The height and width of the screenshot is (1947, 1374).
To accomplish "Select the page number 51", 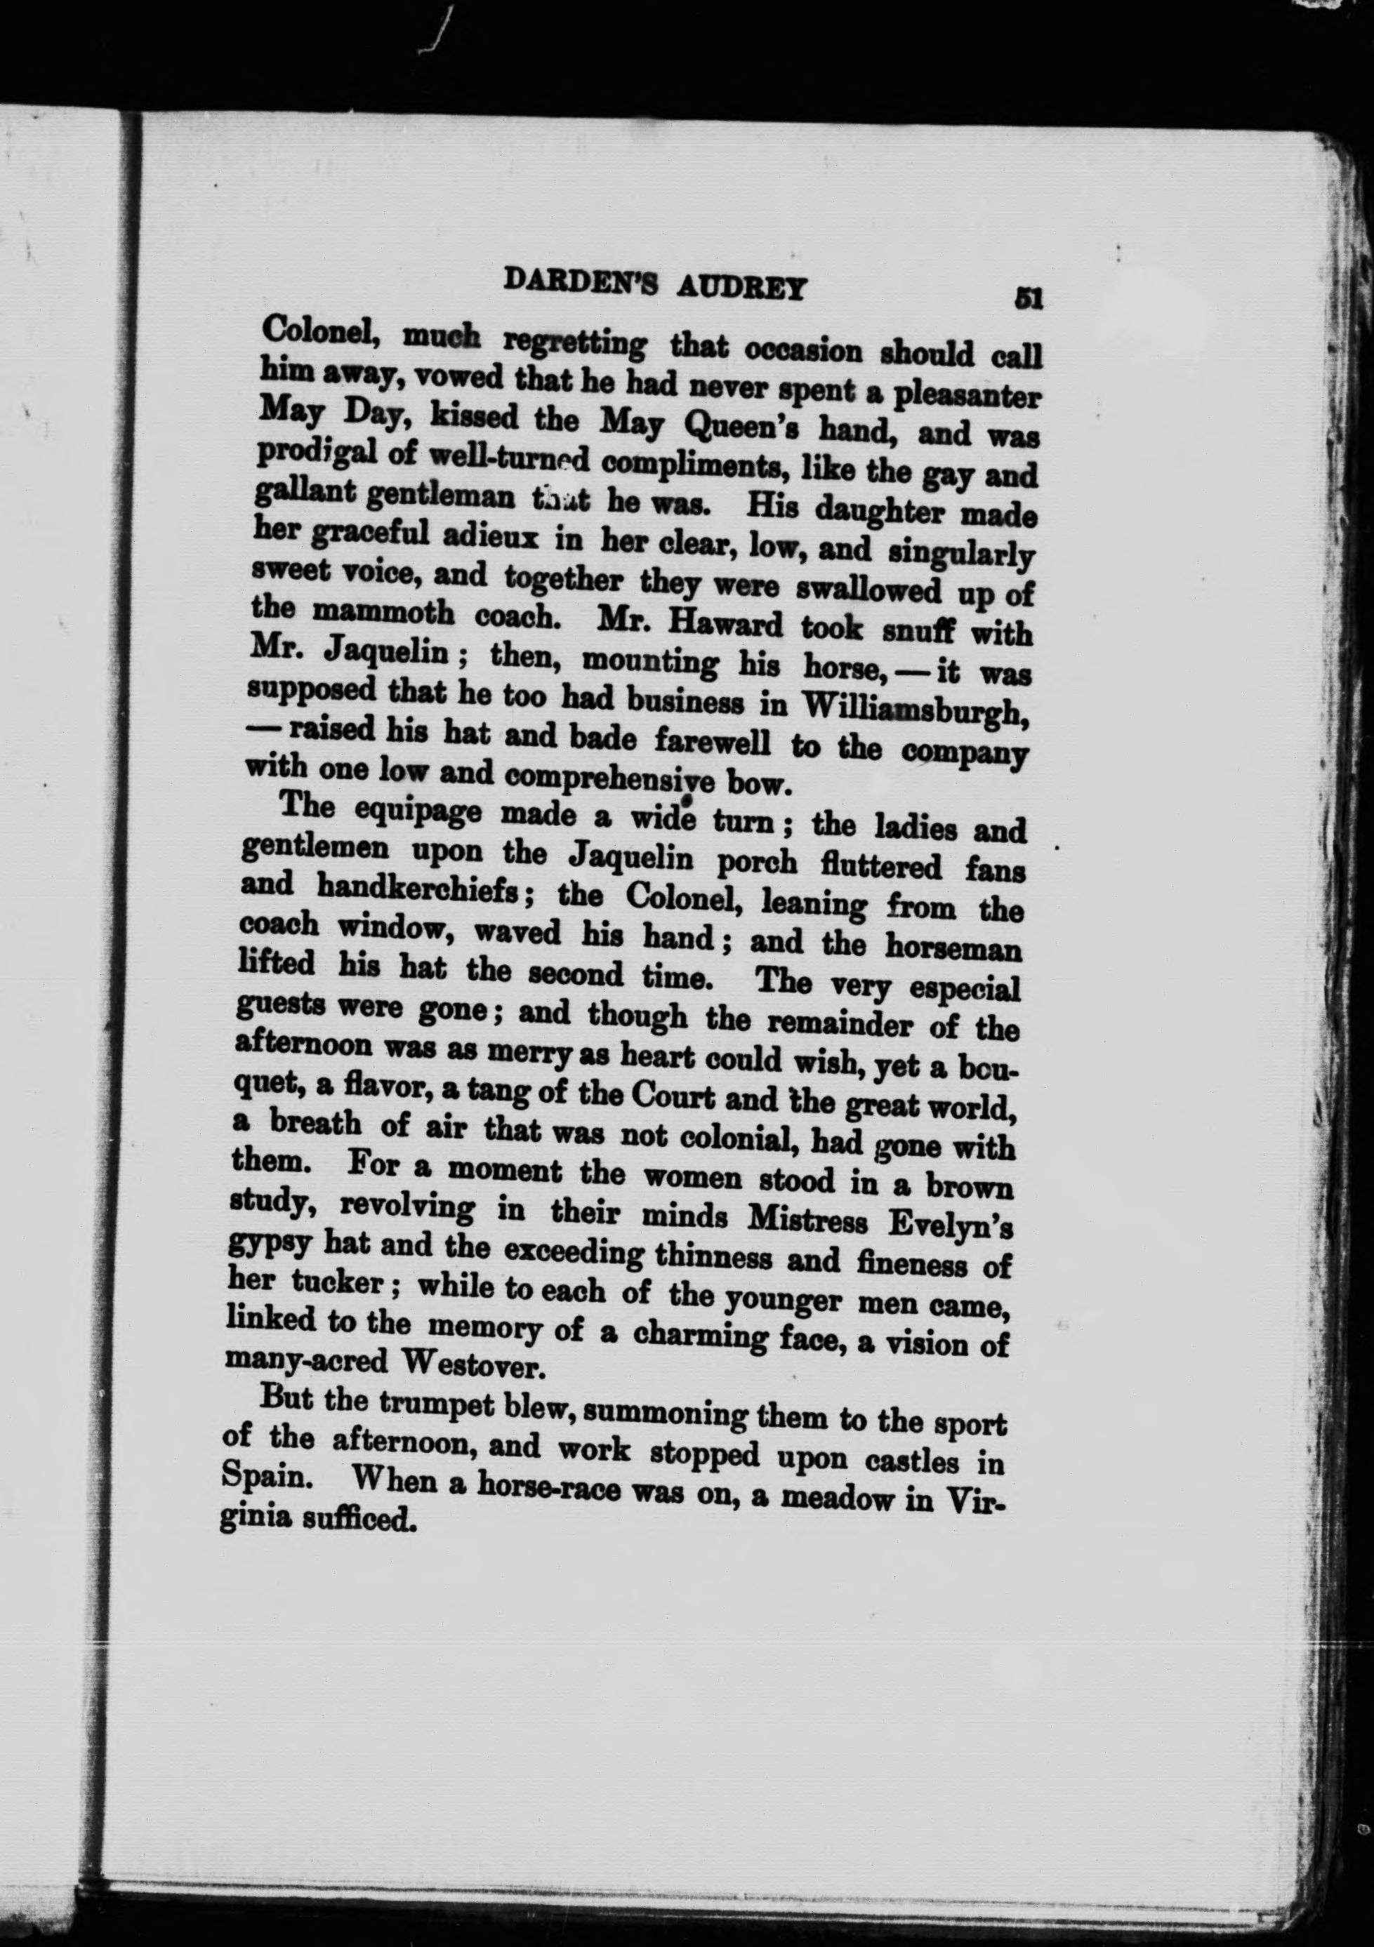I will coord(1028,298).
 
